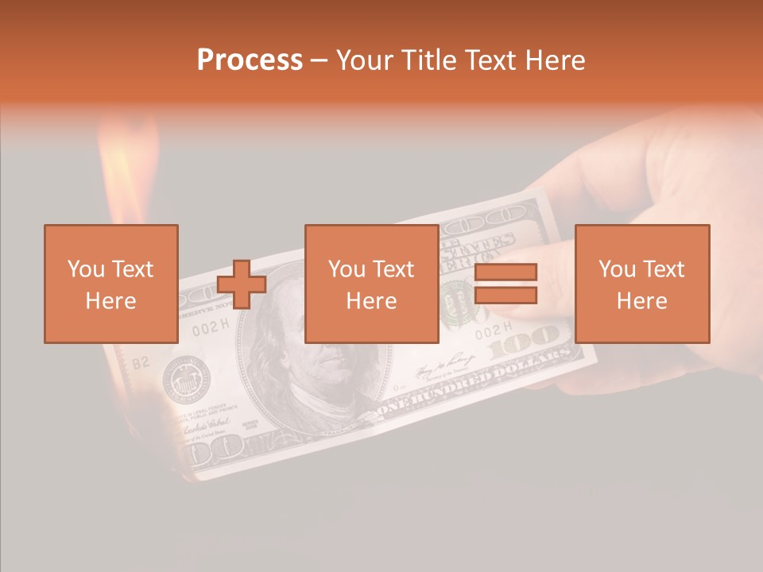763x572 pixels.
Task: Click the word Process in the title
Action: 250,60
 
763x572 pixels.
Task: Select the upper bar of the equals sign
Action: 505,272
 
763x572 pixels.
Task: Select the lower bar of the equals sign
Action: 505,296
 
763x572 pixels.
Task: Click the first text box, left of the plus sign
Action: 111,284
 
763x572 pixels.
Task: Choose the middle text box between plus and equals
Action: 372,284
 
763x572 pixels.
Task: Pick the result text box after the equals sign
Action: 642,284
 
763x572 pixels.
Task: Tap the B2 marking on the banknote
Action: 140,363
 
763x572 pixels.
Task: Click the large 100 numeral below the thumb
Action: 526,343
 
